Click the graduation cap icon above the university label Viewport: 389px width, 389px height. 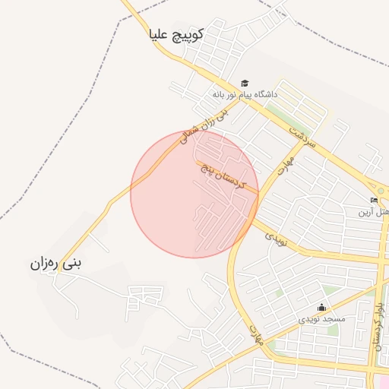pos(245,83)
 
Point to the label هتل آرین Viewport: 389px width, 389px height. pos(374,212)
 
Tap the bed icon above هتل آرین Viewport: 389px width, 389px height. pos(374,201)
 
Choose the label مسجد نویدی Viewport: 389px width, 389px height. pos(321,319)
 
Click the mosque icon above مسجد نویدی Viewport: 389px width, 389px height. pos(321,308)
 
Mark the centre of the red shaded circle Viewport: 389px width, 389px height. pos(194,194)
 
